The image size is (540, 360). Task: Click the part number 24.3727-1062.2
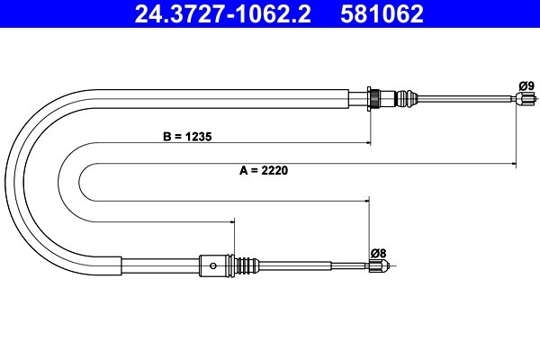pos(222,13)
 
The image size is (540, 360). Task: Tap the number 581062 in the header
pos(382,13)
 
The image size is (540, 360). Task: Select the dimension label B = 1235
pos(187,137)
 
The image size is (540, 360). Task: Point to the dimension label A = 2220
pos(264,170)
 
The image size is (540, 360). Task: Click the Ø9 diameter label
pos(526,85)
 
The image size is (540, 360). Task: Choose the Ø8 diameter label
pos(379,254)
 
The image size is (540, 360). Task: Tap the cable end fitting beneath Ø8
pos(379,265)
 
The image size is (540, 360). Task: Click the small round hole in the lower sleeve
pos(213,265)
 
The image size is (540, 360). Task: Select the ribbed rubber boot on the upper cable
pos(407,98)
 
